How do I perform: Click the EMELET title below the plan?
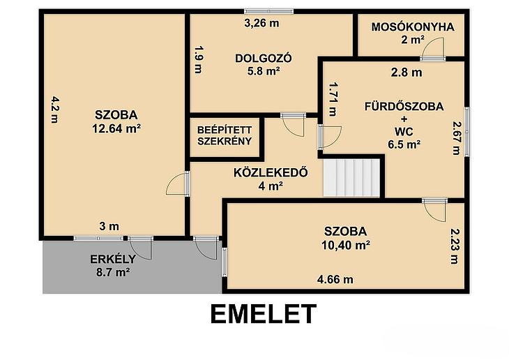(264, 314)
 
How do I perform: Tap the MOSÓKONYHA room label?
(413, 27)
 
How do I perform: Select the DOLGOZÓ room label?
(264, 59)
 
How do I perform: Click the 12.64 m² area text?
(116, 128)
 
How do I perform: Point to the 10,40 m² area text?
(346, 245)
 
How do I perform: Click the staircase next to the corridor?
(351, 178)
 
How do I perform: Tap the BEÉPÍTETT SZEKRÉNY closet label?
(225, 135)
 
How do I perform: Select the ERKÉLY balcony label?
(113, 260)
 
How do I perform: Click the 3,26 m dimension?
(261, 24)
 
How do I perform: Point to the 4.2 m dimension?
(55, 109)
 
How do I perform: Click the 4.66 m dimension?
(335, 280)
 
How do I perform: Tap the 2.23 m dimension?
(455, 246)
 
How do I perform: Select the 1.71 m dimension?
(333, 99)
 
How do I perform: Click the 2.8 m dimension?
(407, 73)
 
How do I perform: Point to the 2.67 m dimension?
(457, 138)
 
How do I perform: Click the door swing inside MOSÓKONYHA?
(432, 48)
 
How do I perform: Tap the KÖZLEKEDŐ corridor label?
(271, 172)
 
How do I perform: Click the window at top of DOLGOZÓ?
(268, 11)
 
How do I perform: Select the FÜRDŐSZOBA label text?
(404, 107)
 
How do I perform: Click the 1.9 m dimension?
(199, 59)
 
